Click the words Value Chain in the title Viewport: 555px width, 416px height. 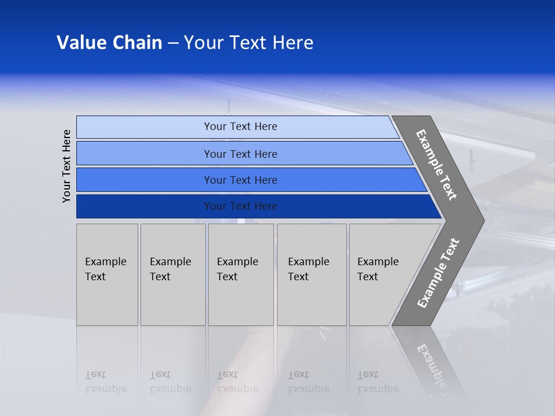click(109, 43)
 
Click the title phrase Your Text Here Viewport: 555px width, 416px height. click(249, 43)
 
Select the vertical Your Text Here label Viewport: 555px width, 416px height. click(66, 166)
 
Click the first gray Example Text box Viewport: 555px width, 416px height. click(107, 274)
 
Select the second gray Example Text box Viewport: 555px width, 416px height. click(173, 274)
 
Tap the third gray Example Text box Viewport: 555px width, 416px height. click(240, 274)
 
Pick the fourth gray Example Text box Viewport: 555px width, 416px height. click(312, 274)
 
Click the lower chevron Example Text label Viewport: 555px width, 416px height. click(438, 273)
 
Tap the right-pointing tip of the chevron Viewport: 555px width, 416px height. click(481, 221)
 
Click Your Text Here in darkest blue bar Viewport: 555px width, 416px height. click(240, 206)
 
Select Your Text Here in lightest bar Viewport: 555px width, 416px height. click(240, 127)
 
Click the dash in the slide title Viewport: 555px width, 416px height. click(173, 43)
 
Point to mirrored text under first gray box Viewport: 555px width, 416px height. click(105, 382)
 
